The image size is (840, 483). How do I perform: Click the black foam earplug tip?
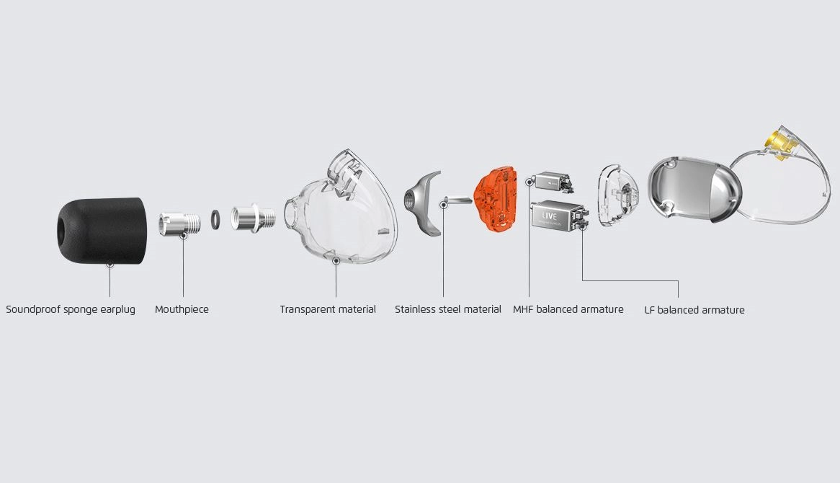coord(102,231)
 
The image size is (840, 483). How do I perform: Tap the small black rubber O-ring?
coord(215,219)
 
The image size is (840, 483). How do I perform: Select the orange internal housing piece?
coord(496,199)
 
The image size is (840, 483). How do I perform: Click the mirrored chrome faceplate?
coord(694,189)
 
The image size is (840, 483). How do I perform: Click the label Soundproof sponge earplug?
coord(71,309)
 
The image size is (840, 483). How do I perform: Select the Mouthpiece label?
coord(182,309)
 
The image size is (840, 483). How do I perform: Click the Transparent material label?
coord(328,309)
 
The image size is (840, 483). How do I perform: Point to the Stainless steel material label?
coord(448,309)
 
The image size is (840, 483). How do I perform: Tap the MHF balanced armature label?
coord(568,309)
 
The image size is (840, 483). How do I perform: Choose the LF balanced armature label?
coord(694,310)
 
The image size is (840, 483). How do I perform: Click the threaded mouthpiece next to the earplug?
coord(179,223)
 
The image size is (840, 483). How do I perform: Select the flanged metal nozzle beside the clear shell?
coord(254,218)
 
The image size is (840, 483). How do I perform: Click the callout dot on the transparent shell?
coord(336,260)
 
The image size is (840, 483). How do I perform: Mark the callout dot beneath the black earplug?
coord(110,265)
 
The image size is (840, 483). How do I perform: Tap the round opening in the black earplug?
coord(60,231)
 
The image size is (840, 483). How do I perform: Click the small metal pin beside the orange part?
coord(458,200)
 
